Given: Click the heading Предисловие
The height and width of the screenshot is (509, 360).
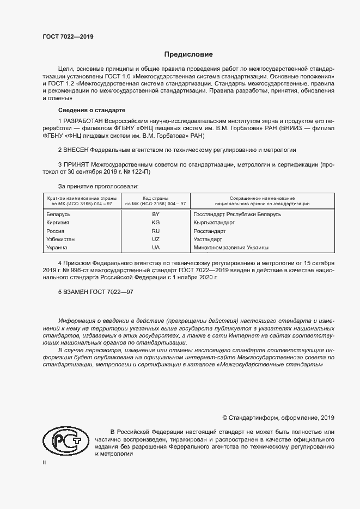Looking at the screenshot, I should [188, 54].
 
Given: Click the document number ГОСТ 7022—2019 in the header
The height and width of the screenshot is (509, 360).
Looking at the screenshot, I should [68, 37].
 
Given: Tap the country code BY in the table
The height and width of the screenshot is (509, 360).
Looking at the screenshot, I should [155, 215].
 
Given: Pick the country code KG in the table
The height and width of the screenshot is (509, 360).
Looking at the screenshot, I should [155, 223].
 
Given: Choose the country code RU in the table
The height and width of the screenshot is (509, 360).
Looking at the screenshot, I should [155, 231].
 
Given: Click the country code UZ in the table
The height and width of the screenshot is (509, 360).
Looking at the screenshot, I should [155, 240].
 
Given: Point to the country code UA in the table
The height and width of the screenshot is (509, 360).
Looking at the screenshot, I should [155, 248].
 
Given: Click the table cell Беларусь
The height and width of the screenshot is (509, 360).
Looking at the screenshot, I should [59, 215].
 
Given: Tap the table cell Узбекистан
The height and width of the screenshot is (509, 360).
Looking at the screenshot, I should [62, 240].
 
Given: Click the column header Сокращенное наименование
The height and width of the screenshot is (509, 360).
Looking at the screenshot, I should [262, 198].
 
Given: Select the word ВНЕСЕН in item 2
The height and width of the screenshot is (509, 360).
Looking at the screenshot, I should [76, 149].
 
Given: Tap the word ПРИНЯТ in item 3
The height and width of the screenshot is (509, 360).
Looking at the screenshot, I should [75, 164].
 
